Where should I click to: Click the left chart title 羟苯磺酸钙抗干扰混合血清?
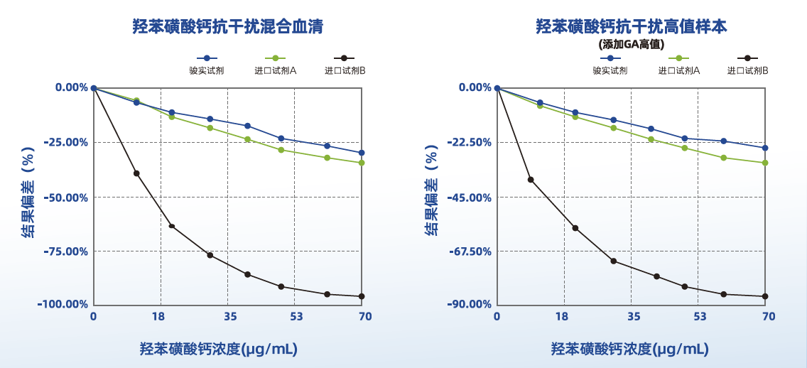227,27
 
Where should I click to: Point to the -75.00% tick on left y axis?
66,251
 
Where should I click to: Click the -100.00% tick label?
64,304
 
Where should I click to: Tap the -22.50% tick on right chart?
470,142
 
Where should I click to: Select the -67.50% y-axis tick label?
470,251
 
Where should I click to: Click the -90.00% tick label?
470,304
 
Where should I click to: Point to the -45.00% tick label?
470,197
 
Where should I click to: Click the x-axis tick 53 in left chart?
296,316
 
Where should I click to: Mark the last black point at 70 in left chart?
362,296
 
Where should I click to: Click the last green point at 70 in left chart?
362,163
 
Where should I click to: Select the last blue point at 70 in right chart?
765,148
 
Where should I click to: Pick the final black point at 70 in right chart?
765,296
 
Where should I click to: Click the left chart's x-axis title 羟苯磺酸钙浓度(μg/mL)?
218,349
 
